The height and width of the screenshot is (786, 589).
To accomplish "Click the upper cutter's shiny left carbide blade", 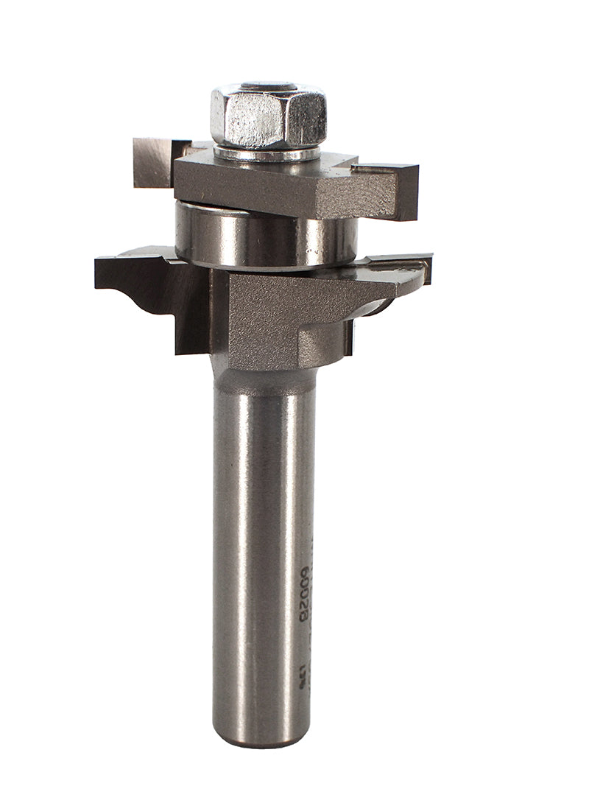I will click(x=152, y=161).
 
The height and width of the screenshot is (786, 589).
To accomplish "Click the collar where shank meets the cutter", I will click(x=265, y=379).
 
